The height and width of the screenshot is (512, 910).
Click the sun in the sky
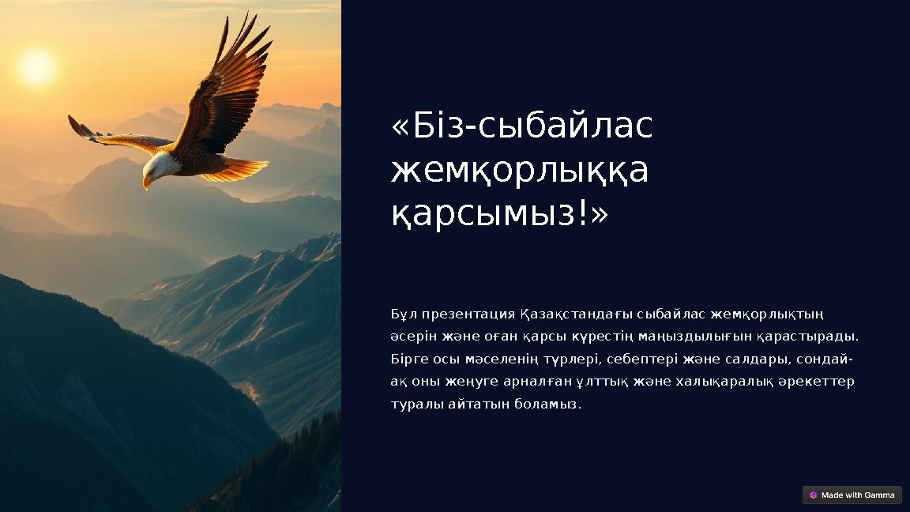click(36, 67)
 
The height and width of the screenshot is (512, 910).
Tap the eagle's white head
click(159, 166)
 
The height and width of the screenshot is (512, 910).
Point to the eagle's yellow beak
click(146, 183)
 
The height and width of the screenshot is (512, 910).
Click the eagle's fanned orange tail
click(237, 170)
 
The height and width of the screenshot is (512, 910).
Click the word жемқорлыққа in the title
click(520, 170)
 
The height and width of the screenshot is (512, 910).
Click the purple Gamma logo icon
click(813, 495)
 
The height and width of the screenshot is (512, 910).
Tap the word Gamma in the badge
click(879, 495)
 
